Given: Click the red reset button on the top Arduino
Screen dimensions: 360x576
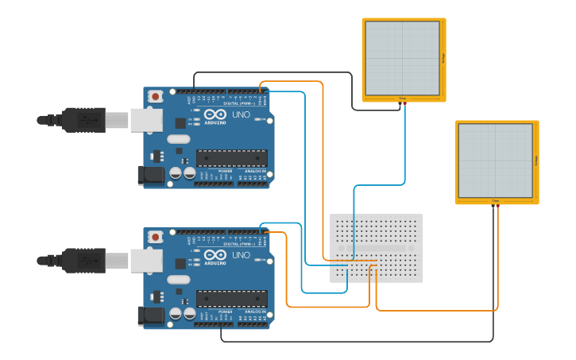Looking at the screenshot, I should tap(155, 96).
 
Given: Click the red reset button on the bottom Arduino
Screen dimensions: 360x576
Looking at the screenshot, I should tap(155, 237).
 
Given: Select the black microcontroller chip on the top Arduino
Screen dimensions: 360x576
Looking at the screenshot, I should tap(231, 158).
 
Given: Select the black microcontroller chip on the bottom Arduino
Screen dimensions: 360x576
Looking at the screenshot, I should tap(231, 299).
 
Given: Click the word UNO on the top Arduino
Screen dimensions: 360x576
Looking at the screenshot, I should tap(241, 114).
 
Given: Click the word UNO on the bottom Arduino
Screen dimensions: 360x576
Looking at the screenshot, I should tap(241, 255).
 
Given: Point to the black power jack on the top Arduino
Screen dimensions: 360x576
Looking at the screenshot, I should tap(151, 176).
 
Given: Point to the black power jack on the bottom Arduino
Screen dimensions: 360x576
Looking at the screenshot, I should tap(151, 316).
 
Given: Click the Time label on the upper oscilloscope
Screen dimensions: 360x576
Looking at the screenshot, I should tap(402, 99).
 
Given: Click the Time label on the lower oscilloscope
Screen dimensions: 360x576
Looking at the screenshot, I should tap(495, 201).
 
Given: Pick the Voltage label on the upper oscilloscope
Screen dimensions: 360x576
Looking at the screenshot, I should tap(443, 58).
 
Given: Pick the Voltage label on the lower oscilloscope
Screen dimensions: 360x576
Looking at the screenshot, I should tap(535, 161).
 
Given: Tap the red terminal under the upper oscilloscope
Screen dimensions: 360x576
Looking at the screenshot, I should tap(404, 103).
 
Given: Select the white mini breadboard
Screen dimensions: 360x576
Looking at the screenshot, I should tap(376, 248).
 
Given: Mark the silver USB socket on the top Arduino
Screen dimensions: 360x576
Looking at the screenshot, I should tap(146, 120).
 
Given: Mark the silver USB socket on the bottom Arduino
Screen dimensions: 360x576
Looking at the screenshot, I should tap(146, 261).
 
